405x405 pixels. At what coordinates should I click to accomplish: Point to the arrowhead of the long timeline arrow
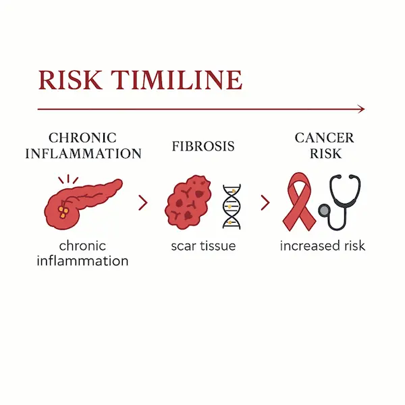tap(361, 109)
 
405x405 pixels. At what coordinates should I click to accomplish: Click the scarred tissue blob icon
tap(188, 202)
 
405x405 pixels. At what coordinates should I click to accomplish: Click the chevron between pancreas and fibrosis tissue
tap(142, 202)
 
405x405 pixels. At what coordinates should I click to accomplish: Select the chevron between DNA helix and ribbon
tap(265, 202)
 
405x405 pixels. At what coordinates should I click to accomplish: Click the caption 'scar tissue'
tap(203, 246)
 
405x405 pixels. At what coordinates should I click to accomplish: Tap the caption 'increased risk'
tap(322, 246)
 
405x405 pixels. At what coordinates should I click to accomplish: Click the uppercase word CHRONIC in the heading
tap(83, 138)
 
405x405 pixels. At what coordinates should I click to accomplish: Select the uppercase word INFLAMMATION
tap(83, 154)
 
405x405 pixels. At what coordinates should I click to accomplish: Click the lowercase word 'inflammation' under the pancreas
tap(83, 260)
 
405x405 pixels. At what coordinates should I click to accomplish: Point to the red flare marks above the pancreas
tap(67, 180)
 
